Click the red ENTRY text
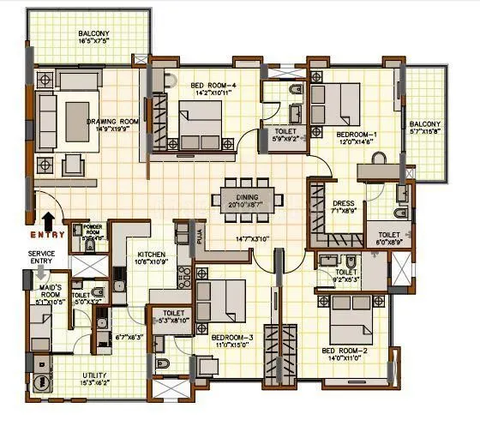pos(45,234)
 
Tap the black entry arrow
pos(46,220)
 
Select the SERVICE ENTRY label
pos(42,258)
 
